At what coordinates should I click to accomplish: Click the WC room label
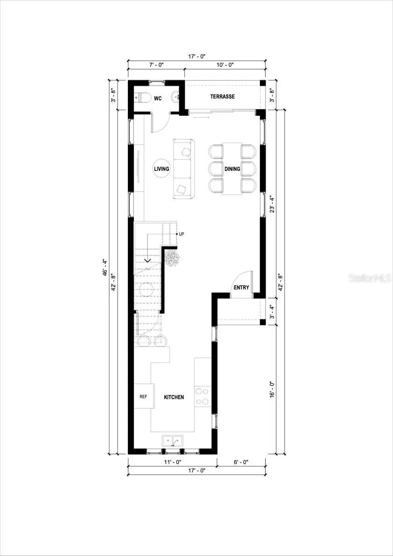pyautogui.click(x=158, y=98)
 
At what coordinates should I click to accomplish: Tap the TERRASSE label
pyautogui.click(x=222, y=97)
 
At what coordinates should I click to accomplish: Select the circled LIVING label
pyautogui.click(x=161, y=169)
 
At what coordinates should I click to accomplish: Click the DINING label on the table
pyautogui.click(x=232, y=169)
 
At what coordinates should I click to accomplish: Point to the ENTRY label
pyautogui.click(x=241, y=288)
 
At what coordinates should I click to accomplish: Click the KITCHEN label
pyautogui.click(x=174, y=397)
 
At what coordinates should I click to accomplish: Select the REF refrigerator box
pyautogui.click(x=143, y=397)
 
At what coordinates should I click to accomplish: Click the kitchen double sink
pyautogui.click(x=173, y=440)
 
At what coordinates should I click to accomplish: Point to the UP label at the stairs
pyautogui.click(x=181, y=234)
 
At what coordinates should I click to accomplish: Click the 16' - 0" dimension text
pyautogui.click(x=273, y=390)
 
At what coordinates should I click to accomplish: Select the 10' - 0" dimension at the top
pyautogui.click(x=225, y=65)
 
